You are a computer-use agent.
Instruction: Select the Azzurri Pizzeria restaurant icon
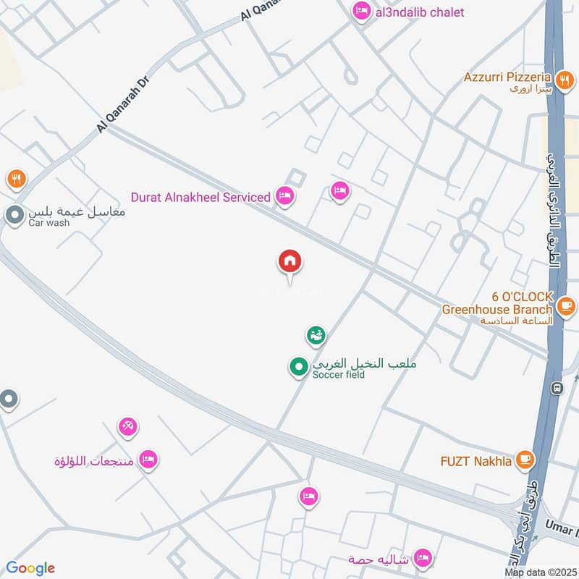click(x=562, y=80)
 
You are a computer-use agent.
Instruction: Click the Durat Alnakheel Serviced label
click(x=200, y=197)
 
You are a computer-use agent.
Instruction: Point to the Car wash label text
click(x=49, y=223)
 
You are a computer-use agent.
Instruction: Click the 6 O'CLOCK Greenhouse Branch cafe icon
click(x=567, y=305)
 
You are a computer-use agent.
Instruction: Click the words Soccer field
click(x=339, y=375)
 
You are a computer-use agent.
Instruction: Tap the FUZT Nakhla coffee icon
click(x=525, y=460)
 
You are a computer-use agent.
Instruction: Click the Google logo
click(x=30, y=568)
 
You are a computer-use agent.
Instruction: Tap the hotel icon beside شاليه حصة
click(x=423, y=558)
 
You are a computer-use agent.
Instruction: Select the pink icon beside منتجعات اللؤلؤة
click(x=148, y=460)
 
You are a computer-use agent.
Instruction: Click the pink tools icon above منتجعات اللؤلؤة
click(x=127, y=427)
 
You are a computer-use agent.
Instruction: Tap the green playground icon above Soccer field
click(x=316, y=335)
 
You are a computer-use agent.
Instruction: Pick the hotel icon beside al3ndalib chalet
click(x=360, y=12)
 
